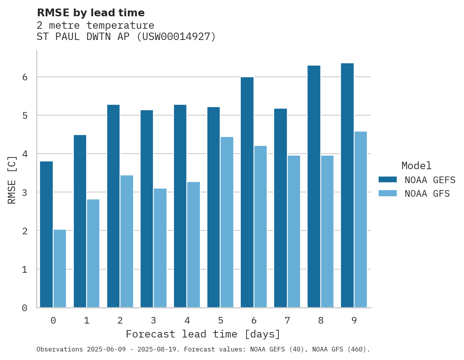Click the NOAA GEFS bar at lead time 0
click(x=47, y=234)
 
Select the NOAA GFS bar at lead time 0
click(x=60, y=268)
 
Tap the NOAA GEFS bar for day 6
click(x=247, y=192)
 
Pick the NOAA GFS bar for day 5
click(x=227, y=222)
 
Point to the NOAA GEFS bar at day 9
click(x=347, y=185)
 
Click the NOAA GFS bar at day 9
click(x=360, y=220)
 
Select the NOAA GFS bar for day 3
click(x=160, y=248)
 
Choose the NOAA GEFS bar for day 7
click(x=280, y=208)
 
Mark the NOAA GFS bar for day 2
click(x=127, y=241)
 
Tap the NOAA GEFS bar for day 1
click(x=80, y=221)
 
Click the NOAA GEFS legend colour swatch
click(x=388, y=179)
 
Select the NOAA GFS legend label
click(x=427, y=194)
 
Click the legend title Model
click(x=416, y=166)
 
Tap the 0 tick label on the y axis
click(x=24, y=308)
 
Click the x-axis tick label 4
click(x=187, y=321)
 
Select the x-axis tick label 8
click(x=320, y=321)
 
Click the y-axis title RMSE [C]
click(x=12, y=179)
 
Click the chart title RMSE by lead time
click(x=90, y=13)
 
